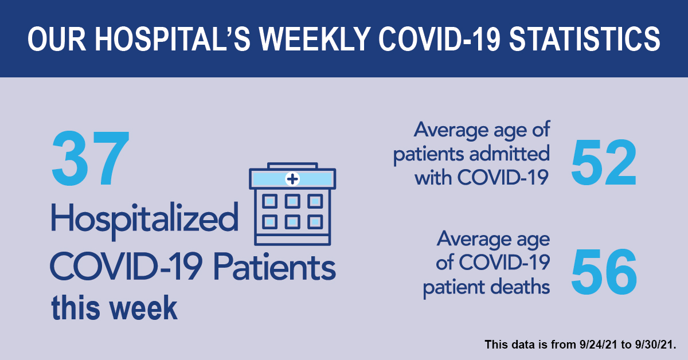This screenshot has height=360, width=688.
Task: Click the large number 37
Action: click(x=91, y=158)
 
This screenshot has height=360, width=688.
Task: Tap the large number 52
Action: click(x=604, y=162)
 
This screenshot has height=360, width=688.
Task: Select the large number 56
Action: click(x=604, y=272)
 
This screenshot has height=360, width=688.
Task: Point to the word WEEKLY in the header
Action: click(x=315, y=39)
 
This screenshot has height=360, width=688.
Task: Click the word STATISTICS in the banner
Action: click(x=584, y=39)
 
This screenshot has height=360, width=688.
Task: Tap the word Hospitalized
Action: click(x=144, y=220)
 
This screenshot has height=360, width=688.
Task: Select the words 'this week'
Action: click(x=114, y=307)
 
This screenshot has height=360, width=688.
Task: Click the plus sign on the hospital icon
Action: click(x=292, y=179)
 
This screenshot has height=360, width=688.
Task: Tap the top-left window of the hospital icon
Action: click(x=269, y=202)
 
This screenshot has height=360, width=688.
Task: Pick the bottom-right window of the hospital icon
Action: click(x=315, y=222)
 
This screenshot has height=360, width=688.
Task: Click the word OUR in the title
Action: click(x=57, y=39)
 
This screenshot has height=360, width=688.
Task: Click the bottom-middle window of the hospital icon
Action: click(x=292, y=222)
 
